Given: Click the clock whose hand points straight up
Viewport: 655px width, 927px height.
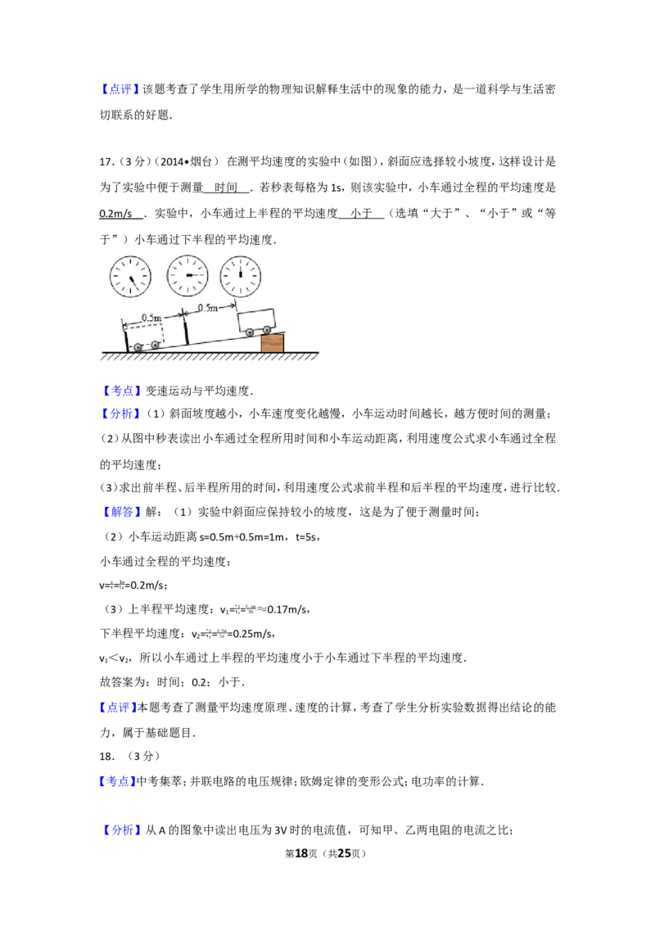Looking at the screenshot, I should pyautogui.click(x=241, y=277).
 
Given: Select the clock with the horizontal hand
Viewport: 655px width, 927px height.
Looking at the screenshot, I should pyautogui.click(x=187, y=276).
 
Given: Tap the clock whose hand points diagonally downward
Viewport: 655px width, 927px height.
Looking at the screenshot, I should pyautogui.click(x=131, y=277).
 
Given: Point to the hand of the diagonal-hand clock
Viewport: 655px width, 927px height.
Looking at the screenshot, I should pyautogui.click(x=133, y=283).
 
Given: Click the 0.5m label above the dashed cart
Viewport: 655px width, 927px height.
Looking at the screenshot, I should pyautogui.click(x=151, y=317).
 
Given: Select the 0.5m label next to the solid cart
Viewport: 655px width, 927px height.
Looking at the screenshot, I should pyautogui.click(x=208, y=307).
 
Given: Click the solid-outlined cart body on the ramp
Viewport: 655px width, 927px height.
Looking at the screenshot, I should pyautogui.click(x=256, y=318).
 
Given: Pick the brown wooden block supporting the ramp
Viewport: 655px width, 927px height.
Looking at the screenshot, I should pyautogui.click(x=272, y=343).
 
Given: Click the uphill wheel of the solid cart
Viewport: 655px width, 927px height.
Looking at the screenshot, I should pyautogui.click(x=267, y=330).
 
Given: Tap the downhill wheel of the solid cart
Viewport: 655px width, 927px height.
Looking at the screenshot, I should pyautogui.click(x=249, y=332).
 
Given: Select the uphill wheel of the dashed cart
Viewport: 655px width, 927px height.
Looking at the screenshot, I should pyautogui.click(x=155, y=345).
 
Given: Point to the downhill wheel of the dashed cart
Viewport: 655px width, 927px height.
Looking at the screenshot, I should pyautogui.click(x=138, y=347).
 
